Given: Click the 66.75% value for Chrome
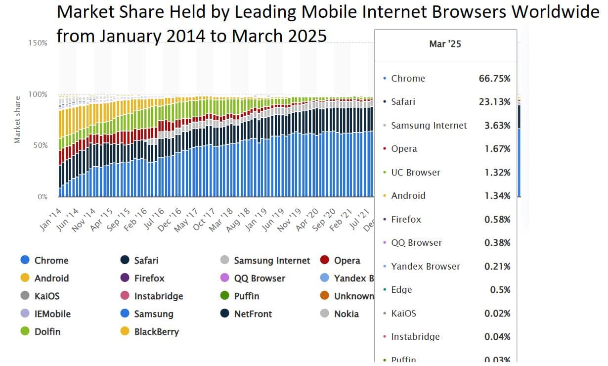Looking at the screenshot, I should (494, 79).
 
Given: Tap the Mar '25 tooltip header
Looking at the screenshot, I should (445, 45).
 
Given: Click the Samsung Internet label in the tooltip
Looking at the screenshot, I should (429, 126).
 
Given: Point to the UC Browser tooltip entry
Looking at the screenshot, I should (415, 173).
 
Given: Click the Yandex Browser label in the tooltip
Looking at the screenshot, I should (425, 267).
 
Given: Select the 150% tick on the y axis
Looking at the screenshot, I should (38, 43).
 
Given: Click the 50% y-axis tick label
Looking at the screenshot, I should (40, 145).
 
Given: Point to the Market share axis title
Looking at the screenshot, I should (17, 120).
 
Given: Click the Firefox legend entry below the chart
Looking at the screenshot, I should (149, 278).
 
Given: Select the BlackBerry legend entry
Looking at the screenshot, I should (156, 332).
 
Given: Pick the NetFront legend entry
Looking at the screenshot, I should (253, 314).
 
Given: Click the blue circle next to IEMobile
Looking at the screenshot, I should (26, 314).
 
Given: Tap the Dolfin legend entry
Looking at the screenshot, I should (47, 332).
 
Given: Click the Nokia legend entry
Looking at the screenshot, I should (346, 314).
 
